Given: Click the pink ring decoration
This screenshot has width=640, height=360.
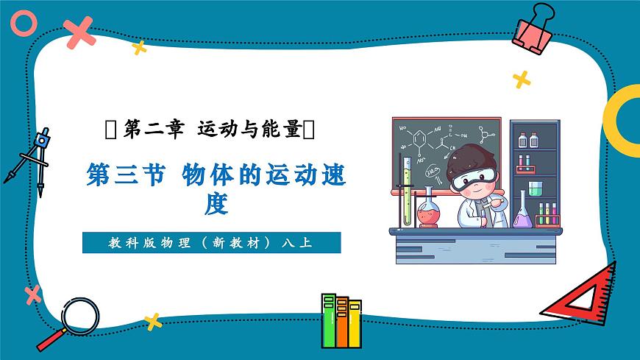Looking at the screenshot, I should coord(24,24).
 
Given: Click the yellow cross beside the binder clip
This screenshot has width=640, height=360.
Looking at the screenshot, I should coord(522,79).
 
